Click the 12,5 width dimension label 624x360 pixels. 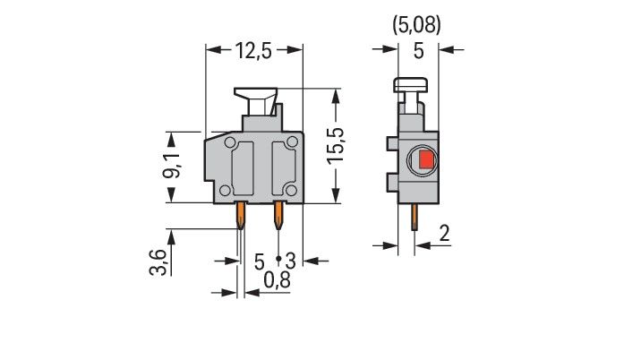pyautogui.click(x=254, y=52)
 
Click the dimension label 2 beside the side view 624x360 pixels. pyautogui.click(x=445, y=235)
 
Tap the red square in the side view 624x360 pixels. pyautogui.click(x=424, y=161)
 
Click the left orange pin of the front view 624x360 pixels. pyautogui.click(x=241, y=215)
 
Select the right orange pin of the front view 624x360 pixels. pyautogui.click(x=278, y=215)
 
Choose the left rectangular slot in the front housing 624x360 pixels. pyautogui.click(x=244, y=167)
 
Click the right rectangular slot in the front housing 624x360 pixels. pyautogui.click(x=283, y=167)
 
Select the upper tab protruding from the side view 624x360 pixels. pyautogui.click(x=393, y=143)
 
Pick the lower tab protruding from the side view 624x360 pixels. pyautogui.click(x=393, y=183)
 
